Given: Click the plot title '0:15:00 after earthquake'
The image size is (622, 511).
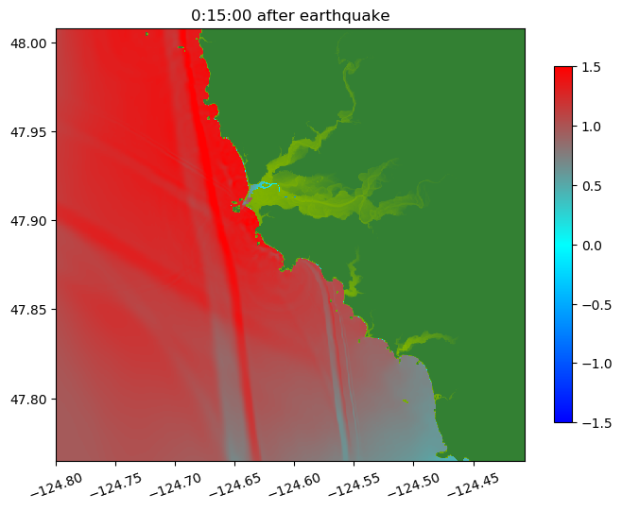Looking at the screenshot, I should click(290, 15).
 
